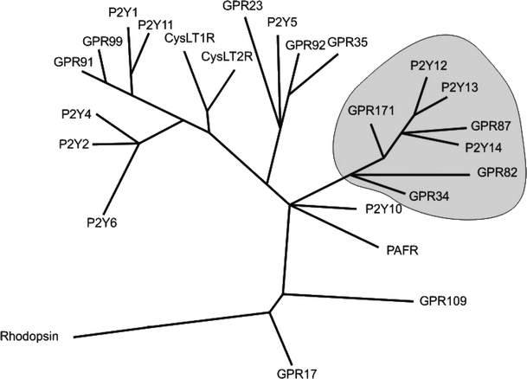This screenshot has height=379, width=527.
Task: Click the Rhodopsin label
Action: point(29,336)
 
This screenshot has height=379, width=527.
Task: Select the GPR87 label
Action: point(492,126)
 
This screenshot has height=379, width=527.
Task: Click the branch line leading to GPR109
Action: point(346,297)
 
